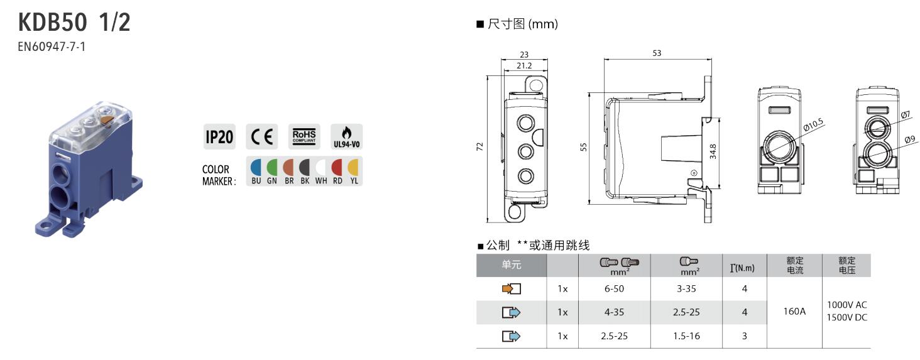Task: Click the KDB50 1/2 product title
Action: coord(74,23)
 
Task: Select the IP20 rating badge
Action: coord(219,137)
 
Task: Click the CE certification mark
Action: coord(261,137)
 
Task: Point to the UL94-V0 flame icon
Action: coord(346,136)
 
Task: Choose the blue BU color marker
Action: coord(256,167)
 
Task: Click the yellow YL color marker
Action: coord(353,167)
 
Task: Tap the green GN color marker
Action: coord(272,167)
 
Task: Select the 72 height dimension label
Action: coord(480,146)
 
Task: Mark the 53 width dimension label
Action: coord(657,53)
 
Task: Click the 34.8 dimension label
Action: coord(713,151)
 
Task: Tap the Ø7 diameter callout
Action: coord(905,115)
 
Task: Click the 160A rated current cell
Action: coord(795,311)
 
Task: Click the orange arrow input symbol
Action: coord(512,289)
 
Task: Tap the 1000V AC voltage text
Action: coord(846,305)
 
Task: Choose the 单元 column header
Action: coord(512,265)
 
